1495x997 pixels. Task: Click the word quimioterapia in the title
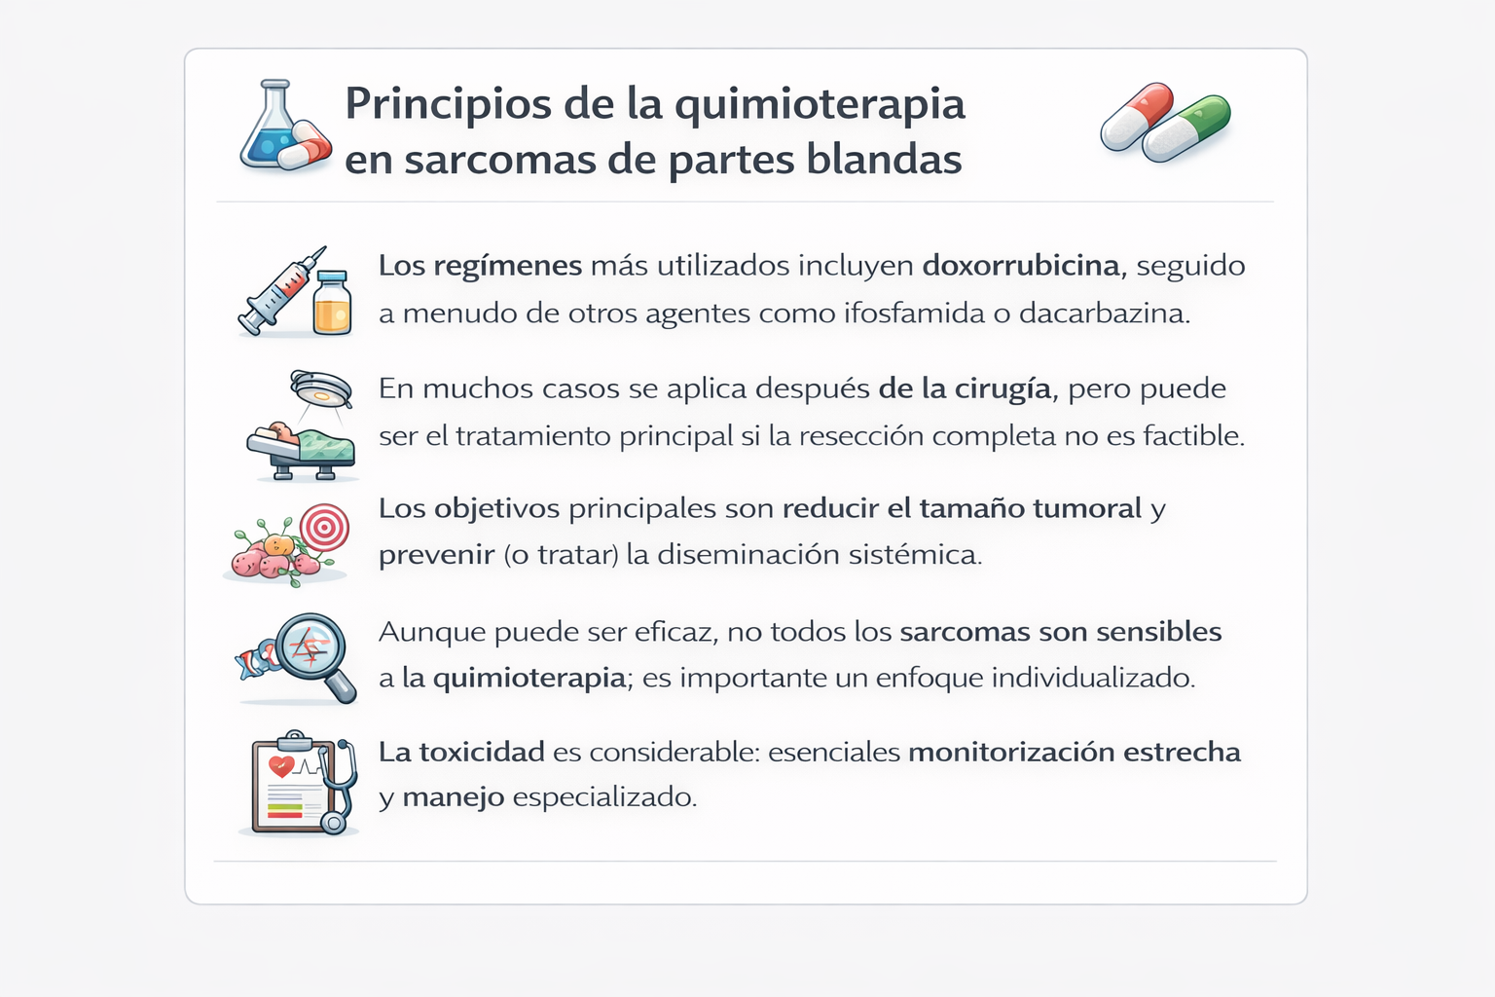click(x=820, y=105)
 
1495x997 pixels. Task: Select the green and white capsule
click(x=1187, y=128)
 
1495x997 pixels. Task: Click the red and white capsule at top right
click(x=1137, y=116)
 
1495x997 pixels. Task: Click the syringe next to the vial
click(x=280, y=291)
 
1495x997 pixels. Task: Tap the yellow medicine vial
click(x=332, y=304)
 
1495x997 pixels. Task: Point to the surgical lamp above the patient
click(x=321, y=389)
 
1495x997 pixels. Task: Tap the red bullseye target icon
click(x=324, y=529)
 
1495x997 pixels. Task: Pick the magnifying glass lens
click(x=310, y=646)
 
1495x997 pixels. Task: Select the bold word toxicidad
click(x=482, y=752)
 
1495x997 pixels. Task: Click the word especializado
click(x=604, y=797)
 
